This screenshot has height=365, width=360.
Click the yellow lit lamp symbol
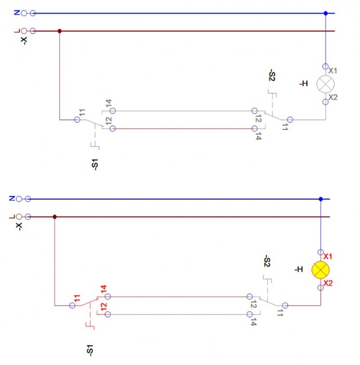coord(320,270)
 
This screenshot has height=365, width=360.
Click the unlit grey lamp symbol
coord(326,84)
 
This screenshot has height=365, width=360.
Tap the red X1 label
coord(328,257)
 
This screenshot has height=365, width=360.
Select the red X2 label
coord(328,283)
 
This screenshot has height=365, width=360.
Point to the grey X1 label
coord(333,70)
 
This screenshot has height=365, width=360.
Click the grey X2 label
coord(333,98)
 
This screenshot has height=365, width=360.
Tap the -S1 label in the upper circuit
coord(94,165)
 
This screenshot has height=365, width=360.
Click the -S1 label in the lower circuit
coord(90,350)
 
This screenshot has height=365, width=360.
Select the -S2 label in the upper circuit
coord(271,76)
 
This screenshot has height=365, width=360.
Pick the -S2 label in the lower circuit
coord(267,262)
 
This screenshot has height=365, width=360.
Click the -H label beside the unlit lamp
coord(303,83)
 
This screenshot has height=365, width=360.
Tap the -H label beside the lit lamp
coord(298,270)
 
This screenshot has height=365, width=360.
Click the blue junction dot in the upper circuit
coord(326,13)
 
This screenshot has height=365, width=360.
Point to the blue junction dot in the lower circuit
coord(320,199)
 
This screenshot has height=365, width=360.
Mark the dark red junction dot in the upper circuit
coord(59,31)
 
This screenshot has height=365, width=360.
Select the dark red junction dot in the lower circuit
coord(55,216)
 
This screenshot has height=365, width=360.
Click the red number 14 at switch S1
coord(103,288)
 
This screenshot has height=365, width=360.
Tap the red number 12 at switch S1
coord(103,307)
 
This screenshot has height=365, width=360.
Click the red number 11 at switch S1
coord(77,299)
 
